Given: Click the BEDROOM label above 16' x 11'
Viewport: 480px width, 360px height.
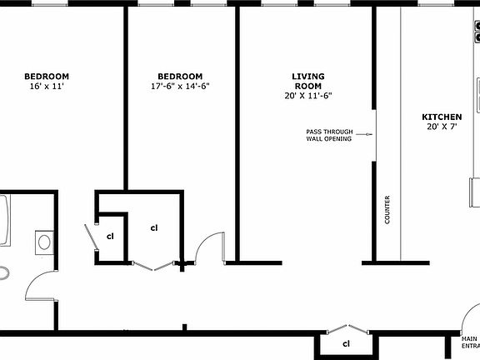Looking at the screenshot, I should click(46, 76).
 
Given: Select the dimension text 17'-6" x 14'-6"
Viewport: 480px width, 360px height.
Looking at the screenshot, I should click(180, 86).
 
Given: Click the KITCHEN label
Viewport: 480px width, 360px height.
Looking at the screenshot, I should click(442, 117).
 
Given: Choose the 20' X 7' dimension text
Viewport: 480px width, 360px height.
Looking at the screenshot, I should click(442, 127).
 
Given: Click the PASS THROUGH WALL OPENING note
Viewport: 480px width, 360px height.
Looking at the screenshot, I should click(328, 135).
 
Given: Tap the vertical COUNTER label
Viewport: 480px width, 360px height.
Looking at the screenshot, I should click(387, 210).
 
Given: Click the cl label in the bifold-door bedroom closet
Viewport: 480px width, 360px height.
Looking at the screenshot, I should click(154, 227).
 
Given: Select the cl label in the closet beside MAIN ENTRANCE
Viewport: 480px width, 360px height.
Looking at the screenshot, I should click(347, 342).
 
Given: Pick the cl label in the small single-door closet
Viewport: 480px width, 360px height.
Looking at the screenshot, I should click(110, 237).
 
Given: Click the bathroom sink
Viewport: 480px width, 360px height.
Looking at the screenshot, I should click(44, 242).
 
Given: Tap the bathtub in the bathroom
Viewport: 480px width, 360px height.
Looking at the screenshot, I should click(4, 221).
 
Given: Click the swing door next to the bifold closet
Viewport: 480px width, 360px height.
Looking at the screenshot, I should click(209, 248).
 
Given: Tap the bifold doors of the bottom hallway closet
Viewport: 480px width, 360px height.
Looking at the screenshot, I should click(346, 327).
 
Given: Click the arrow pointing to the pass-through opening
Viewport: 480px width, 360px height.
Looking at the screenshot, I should click(364, 134).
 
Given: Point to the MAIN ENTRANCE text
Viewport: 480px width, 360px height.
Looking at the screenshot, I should click(472, 342).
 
